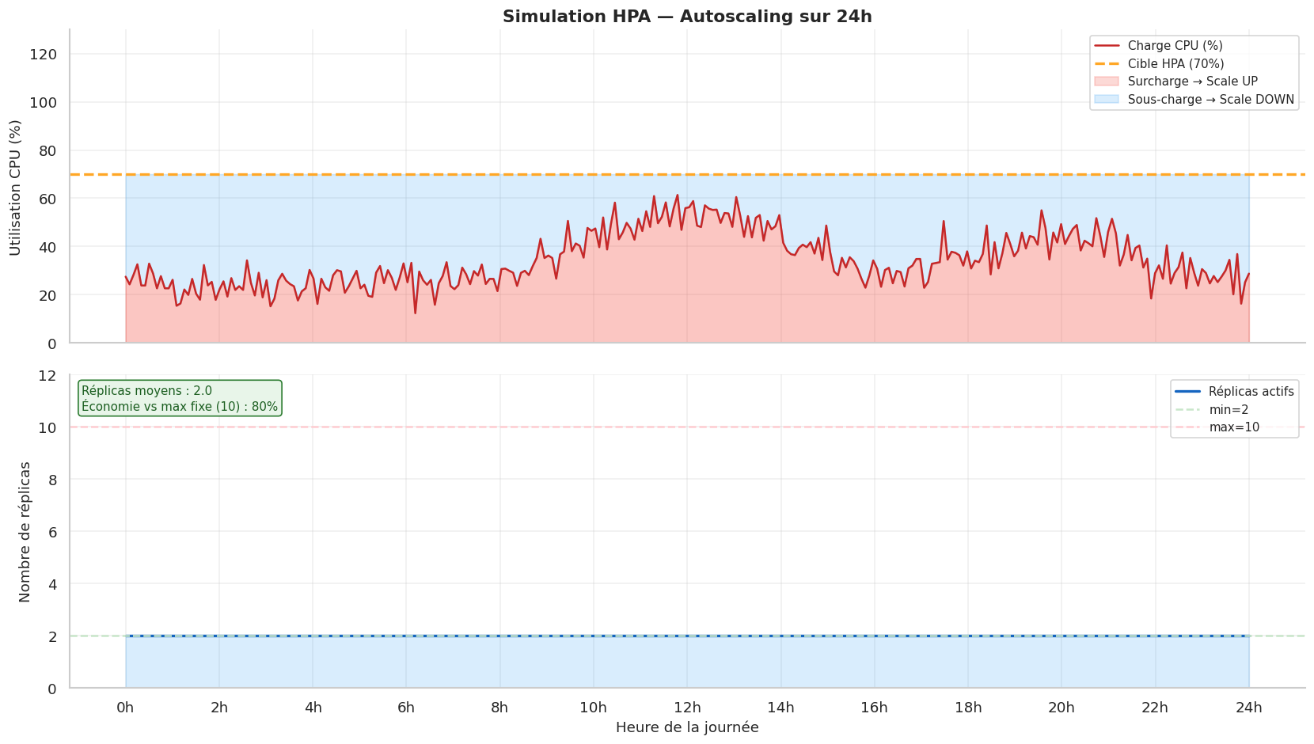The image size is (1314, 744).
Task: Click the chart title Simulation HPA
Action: tap(687, 17)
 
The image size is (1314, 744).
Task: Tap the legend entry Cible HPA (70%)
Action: tap(1175, 64)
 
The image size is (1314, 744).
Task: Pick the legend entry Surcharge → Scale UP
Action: tap(1192, 82)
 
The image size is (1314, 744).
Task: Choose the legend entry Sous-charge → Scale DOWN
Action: tap(1210, 100)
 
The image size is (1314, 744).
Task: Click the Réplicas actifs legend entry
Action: tap(1251, 392)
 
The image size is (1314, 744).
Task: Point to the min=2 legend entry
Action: tap(1229, 410)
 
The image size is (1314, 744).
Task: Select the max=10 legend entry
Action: tap(1234, 427)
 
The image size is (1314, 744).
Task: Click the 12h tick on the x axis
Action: tap(687, 707)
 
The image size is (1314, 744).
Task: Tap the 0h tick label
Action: tap(125, 707)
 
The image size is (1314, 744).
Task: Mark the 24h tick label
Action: tap(1249, 707)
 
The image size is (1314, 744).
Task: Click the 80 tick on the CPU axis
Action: tap(48, 150)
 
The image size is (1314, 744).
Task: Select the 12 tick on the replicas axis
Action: tap(48, 375)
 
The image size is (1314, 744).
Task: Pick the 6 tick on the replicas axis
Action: tap(52, 532)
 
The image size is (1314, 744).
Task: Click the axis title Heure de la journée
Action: tap(687, 727)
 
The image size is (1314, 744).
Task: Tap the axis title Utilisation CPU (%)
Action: tap(15, 188)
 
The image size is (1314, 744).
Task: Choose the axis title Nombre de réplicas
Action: tap(25, 532)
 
